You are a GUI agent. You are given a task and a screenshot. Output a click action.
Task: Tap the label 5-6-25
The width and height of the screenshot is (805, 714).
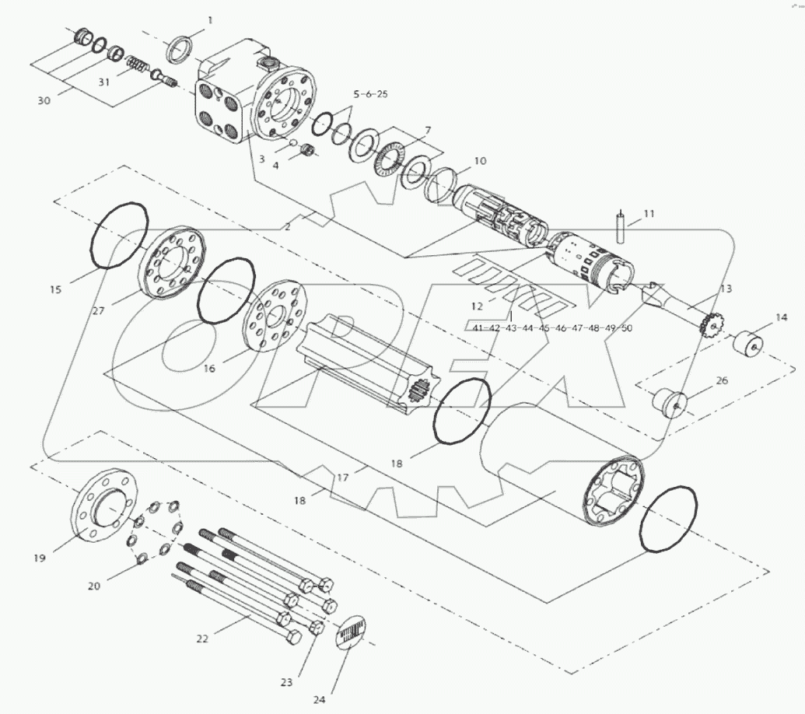pyautogui.click(x=370, y=94)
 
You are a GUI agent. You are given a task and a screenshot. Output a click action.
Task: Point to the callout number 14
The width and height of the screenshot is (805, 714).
pyautogui.click(x=782, y=317)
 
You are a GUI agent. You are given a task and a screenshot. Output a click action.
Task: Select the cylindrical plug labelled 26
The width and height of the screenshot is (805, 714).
pyautogui.click(x=669, y=401)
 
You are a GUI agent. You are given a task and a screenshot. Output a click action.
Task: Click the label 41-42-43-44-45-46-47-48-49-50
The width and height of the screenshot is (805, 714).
pyautogui.click(x=552, y=328)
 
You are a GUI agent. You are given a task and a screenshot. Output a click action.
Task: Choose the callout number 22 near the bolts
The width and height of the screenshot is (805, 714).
pyautogui.click(x=202, y=639)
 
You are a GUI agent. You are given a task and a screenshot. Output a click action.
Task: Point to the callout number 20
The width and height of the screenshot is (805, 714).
pyautogui.click(x=93, y=586)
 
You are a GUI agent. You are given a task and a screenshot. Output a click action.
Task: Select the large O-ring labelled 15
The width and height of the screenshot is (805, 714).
pyautogui.click(x=120, y=236)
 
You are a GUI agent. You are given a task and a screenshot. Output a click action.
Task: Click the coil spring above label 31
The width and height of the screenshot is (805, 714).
pyautogui.click(x=138, y=64)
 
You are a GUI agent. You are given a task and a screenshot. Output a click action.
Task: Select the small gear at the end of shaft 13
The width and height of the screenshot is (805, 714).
pyautogui.click(x=711, y=325)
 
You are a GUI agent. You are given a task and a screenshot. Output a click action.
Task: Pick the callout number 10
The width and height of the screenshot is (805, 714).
pyautogui.click(x=480, y=161)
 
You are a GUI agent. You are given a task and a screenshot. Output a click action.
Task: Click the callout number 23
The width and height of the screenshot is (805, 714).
pyautogui.click(x=286, y=682)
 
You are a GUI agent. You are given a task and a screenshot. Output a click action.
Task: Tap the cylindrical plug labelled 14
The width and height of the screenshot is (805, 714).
pyautogui.click(x=751, y=343)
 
